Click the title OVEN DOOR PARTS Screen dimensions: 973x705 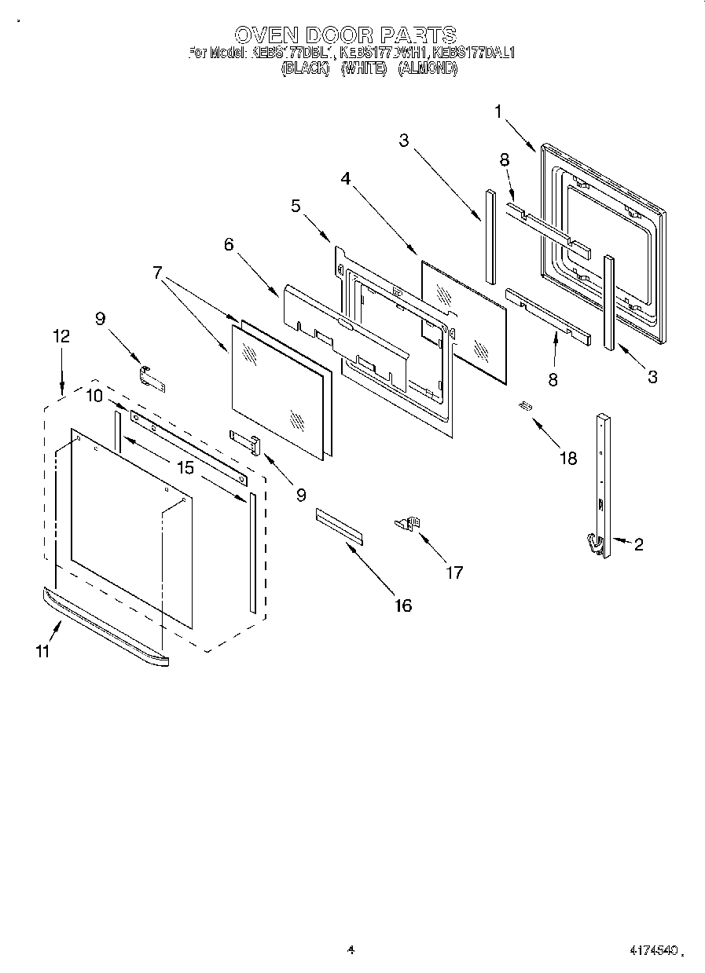pos(346,35)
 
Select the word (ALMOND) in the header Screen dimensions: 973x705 pos(428,68)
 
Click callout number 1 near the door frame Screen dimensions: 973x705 pos(498,112)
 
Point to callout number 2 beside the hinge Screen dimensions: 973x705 pos(638,544)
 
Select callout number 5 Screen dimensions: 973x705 pos(296,207)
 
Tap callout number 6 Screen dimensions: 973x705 pos(229,244)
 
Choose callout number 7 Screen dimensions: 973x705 pos(157,273)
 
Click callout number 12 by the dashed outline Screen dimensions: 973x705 pos(61,336)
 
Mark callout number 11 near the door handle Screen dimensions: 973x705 pos(43,652)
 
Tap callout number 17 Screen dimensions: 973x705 pos(454,572)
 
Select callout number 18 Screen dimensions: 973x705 pos(567,459)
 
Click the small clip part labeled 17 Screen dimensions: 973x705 pos(409,524)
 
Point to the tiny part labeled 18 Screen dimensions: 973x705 pos(525,406)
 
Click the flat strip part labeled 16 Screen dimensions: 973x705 pos(340,525)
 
